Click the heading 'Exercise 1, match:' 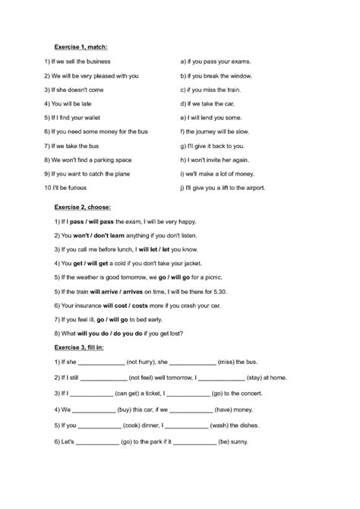tap(82, 47)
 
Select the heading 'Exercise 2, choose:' tap(83, 207)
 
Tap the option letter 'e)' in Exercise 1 tap(183, 118)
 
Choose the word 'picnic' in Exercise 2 tap(211, 277)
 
